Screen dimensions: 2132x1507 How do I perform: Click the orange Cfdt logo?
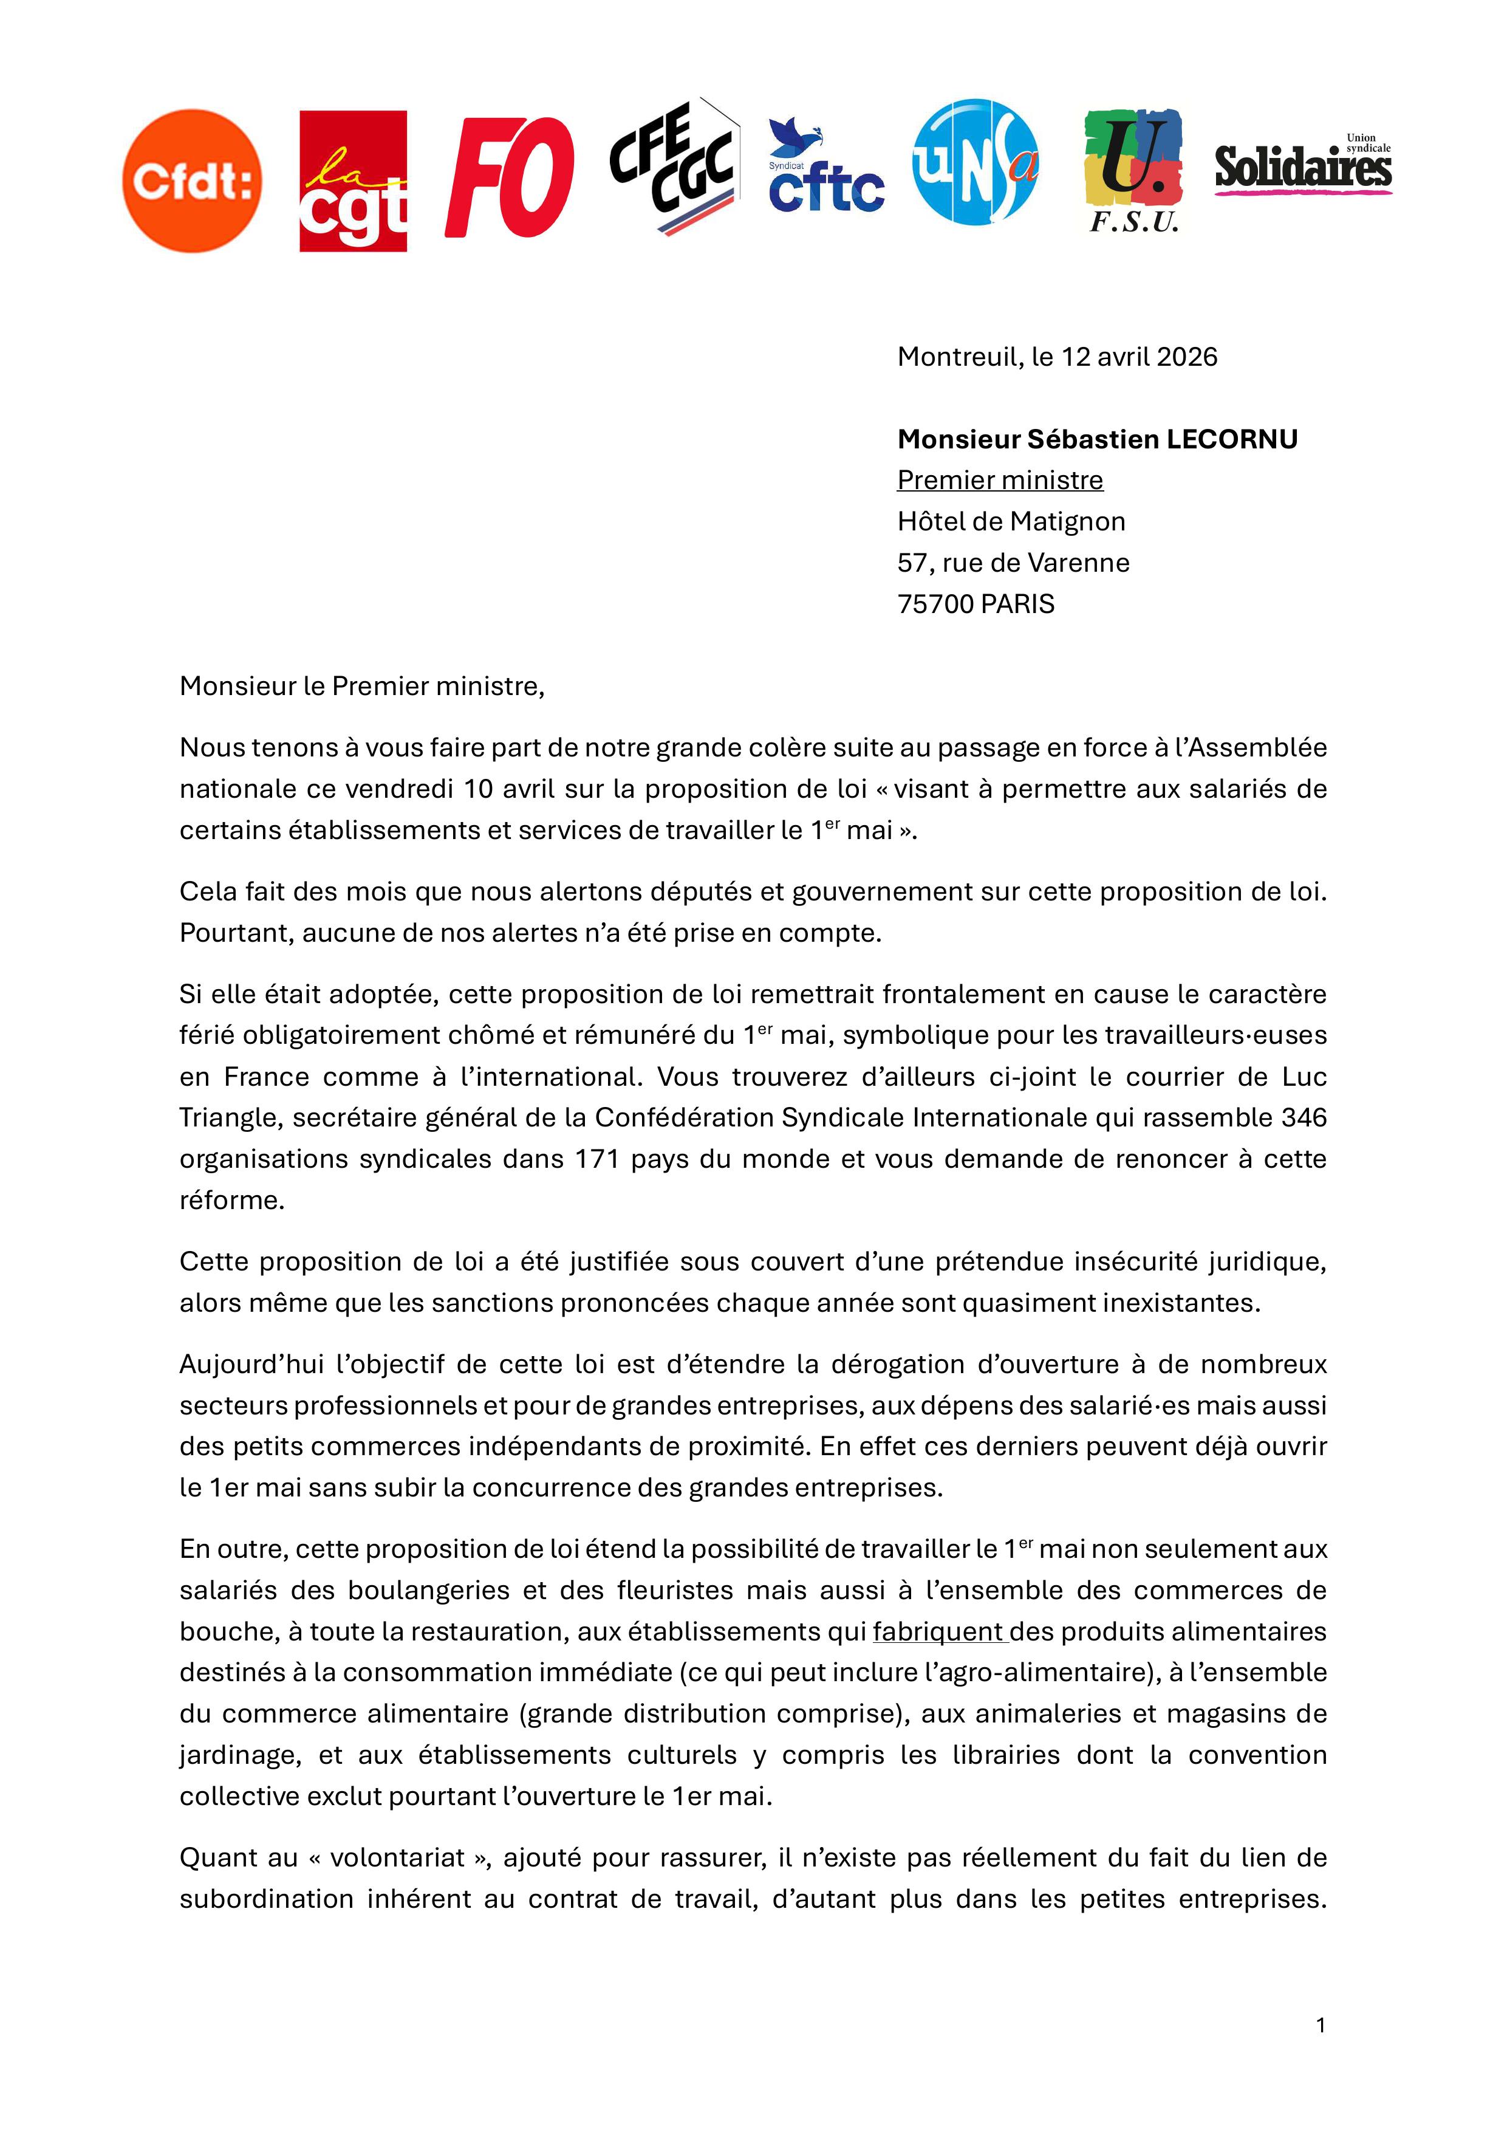pyautogui.click(x=191, y=180)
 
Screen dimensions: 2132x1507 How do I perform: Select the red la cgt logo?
pyautogui.click(x=353, y=181)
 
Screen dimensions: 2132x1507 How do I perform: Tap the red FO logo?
pyautogui.click(x=510, y=177)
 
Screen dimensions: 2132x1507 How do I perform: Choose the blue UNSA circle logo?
pyautogui.click(x=975, y=162)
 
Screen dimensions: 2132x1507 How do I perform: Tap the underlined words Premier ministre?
pyautogui.click(x=1000, y=480)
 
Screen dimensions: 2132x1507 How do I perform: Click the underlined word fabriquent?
pyautogui.click(x=938, y=1631)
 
